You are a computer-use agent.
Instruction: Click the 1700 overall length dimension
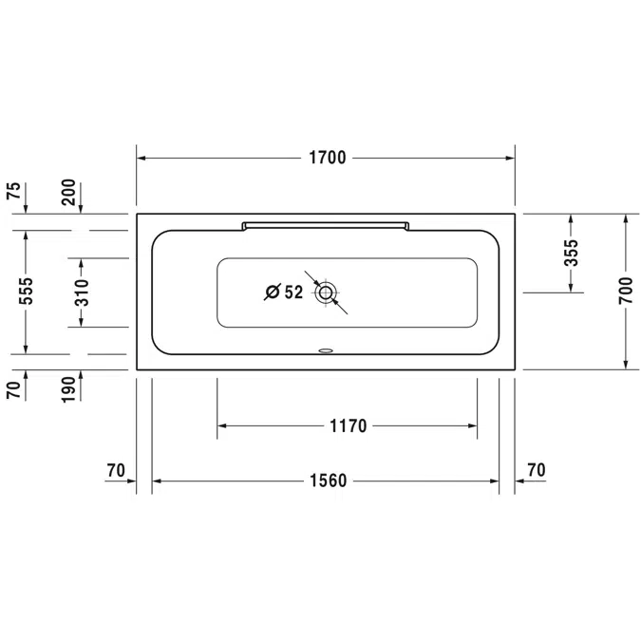(326, 158)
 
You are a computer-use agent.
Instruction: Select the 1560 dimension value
(327, 481)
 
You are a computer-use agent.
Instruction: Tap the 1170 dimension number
(347, 426)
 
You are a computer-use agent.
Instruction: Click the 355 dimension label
(570, 254)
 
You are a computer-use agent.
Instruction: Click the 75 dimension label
(13, 191)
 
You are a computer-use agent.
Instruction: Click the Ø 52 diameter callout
(283, 292)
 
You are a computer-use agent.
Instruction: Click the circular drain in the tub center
(327, 292)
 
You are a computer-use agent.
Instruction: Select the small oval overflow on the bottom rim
(327, 349)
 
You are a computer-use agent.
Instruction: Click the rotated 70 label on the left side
(13, 390)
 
